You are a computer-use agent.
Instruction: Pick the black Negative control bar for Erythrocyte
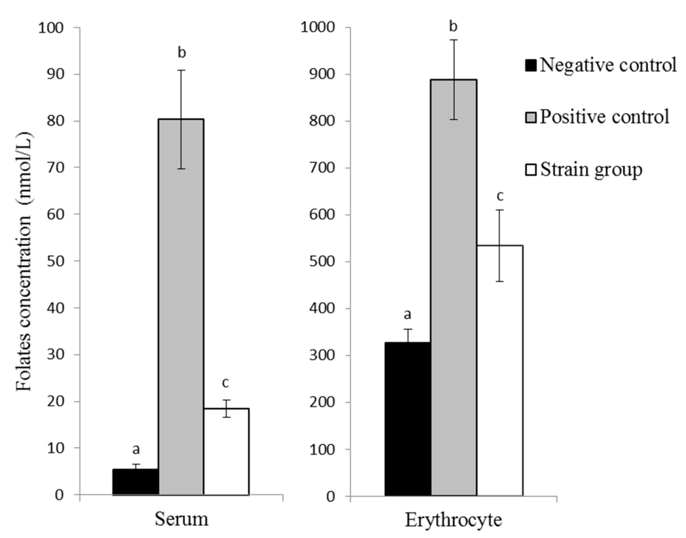(408, 419)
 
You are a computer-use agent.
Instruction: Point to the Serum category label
(181, 519)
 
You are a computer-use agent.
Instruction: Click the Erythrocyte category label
(453, 520)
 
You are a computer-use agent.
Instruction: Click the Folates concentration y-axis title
(25, 261)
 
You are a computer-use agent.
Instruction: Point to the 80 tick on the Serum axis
(55, 121)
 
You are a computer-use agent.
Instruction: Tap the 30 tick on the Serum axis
(55, 355)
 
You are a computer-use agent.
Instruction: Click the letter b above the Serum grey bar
(182, 53)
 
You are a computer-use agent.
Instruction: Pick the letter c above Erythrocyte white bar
(500, 196)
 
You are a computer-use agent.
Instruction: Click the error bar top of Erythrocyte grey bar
(454, 40)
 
